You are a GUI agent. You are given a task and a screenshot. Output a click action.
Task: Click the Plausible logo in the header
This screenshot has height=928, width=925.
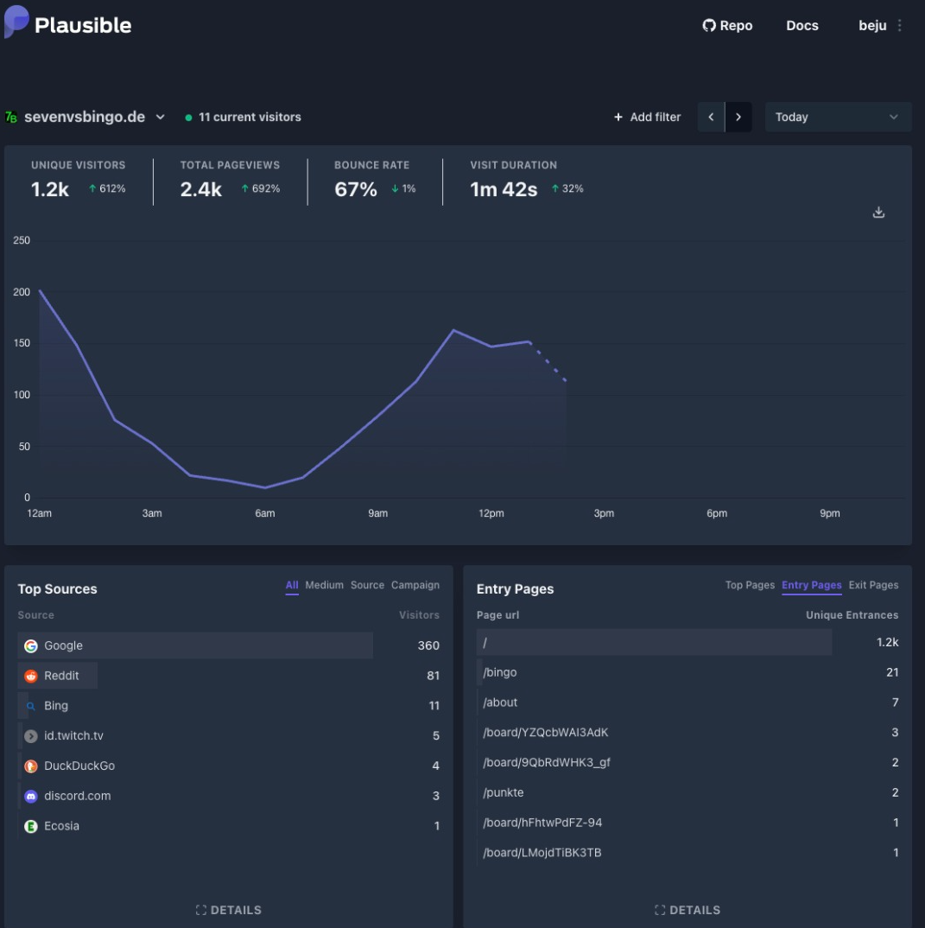68,25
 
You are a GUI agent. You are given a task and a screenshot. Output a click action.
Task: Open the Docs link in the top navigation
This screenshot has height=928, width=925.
801,26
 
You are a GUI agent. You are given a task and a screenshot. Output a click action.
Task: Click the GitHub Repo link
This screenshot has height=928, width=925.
727,26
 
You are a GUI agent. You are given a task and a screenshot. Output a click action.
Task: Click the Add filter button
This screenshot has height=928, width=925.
647,118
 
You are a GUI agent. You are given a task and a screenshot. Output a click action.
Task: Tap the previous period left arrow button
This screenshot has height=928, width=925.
711,118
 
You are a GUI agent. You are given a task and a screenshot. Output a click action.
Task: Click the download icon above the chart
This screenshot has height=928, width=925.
878,213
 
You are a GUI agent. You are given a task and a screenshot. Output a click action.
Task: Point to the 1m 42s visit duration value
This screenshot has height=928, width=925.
504,189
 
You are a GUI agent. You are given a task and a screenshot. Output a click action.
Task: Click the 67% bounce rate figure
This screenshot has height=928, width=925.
356,189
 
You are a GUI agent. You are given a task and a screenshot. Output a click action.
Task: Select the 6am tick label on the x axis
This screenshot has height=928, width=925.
264,513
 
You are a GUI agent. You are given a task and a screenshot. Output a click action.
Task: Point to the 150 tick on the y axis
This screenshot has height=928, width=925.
22,344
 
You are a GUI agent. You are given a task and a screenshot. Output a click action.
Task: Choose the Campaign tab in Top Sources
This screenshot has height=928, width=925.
415,585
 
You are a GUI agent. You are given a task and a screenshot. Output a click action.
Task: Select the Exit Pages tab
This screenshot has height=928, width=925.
873,585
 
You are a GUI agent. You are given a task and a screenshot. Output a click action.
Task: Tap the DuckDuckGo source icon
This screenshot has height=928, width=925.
31,766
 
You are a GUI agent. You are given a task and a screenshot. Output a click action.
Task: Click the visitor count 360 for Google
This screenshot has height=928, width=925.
428,645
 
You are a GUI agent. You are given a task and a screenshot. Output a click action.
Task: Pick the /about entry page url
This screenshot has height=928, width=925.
500,702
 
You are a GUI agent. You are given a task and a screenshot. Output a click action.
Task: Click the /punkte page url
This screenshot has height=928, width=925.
503,792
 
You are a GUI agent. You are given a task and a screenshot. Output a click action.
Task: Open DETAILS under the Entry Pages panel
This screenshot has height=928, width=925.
687,910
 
